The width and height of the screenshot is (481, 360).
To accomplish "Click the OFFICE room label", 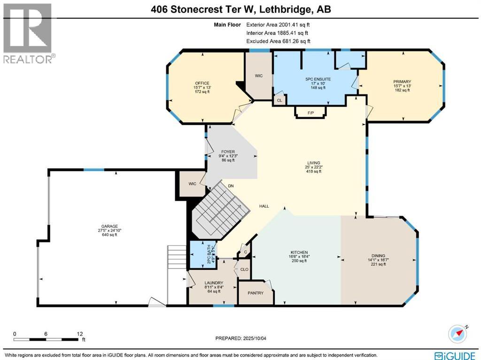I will pyautogui.click(x=202, y=83).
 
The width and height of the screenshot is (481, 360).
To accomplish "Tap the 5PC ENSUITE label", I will pyautogui.click(x=318, y=79).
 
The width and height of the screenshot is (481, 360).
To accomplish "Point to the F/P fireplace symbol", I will pyautogui.click(x=310, y=113).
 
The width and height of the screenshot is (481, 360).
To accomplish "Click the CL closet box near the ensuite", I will pyautogui.click(x=279, y=100).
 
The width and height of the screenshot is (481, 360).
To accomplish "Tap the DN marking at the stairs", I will pyautogui.click(x=231, y=186).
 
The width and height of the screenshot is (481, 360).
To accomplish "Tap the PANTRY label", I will pyautogui.click(x=256, y=293).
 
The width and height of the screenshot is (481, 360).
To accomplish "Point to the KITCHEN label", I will pyautogui.click(x=298, y=253).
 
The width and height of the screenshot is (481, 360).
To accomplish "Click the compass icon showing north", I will pyautogui.click(x=457, y=333).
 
